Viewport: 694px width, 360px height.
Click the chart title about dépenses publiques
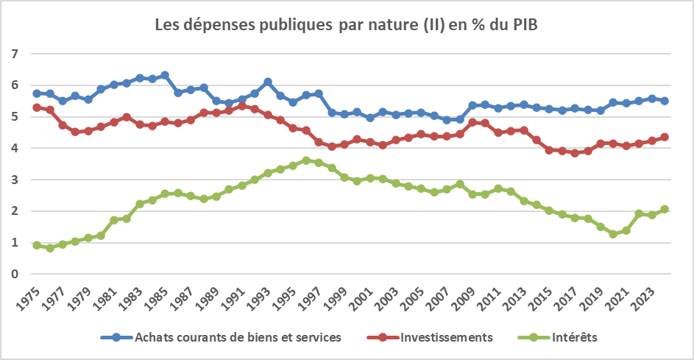[346, 25]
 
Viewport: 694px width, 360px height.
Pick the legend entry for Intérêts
[575, 337]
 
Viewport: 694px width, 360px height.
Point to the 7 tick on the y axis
[14, 54]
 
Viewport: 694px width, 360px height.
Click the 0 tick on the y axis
[14, 274]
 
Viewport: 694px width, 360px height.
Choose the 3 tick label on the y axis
[14, 180]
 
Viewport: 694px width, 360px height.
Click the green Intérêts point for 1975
[37, 245]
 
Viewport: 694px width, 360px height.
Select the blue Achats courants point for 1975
[37, 93]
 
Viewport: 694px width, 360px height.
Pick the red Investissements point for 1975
[37, 107]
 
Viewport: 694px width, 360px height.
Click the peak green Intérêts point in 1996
[305, 160]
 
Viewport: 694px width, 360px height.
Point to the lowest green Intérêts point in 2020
[613, 234]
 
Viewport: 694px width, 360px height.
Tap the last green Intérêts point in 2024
[664, 209]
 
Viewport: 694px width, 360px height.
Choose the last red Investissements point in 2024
[664, 137]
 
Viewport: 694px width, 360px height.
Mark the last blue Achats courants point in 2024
[664, 101]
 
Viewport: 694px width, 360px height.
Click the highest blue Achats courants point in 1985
[165, 75]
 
